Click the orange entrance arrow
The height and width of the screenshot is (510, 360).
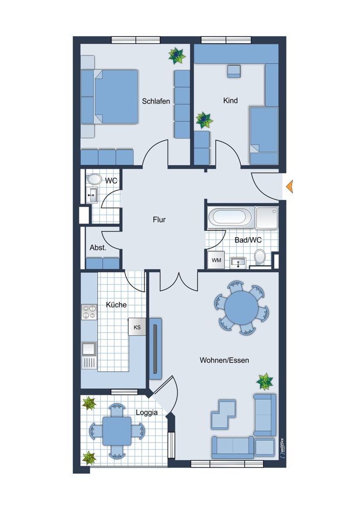[x=290, y=186]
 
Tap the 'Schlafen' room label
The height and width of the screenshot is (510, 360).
[x=156, y=101]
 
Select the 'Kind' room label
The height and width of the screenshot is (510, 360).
[x=230, y=100]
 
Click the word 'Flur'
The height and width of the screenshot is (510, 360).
[x=159, y=220]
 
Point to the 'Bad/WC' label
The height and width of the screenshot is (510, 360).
[x=248, y=240]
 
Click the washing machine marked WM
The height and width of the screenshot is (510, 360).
[x=216, y=260]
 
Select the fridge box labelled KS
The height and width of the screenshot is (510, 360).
[x=137, y=327]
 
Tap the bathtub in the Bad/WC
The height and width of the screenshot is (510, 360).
[x=230, y=217]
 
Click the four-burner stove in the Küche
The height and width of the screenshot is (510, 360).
[x=89, y=312]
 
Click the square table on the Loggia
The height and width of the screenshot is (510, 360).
[x=117, y=431]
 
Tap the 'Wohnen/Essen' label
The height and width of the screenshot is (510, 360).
[x=224, y=361]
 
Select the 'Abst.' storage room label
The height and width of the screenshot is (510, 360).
[x=98, y=247]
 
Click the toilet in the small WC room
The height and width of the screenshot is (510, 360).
[x=94, y=179]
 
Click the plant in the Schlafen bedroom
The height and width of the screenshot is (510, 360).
[x=177, y=56]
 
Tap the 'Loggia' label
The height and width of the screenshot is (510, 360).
[x=147, y=413]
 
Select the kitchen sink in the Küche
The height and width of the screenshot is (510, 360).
[x=89, y=349]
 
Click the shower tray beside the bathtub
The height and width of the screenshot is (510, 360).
[x=267, y=217]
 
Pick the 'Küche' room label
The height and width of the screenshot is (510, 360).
[x=116, y=305]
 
